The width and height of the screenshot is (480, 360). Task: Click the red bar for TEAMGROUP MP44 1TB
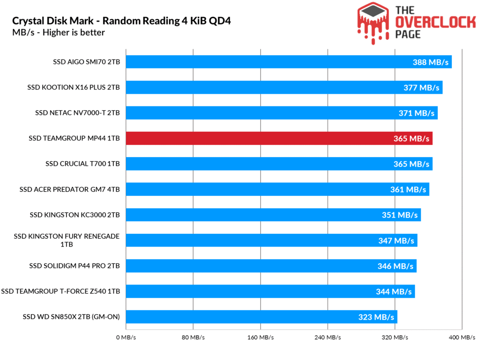279,138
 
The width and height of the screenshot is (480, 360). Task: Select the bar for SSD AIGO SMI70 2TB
288,62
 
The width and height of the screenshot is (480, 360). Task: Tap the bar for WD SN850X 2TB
261,317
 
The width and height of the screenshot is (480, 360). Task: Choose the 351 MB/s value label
399,215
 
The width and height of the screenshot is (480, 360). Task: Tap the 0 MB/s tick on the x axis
126,337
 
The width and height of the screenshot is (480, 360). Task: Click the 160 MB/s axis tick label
260,337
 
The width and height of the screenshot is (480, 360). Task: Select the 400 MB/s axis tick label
462,337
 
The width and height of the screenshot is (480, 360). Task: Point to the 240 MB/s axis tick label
327,337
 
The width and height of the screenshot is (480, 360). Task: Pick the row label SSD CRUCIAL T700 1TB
82,164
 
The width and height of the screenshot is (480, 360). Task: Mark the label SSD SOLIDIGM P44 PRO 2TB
75,266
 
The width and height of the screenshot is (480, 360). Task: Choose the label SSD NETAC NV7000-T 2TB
77,113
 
